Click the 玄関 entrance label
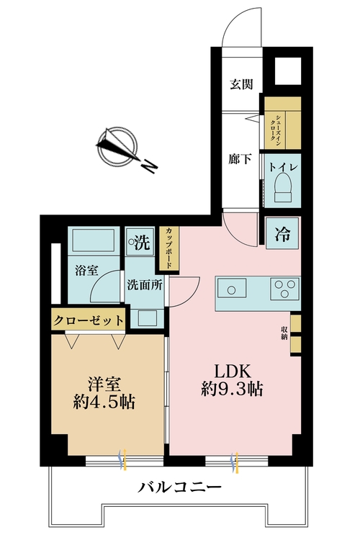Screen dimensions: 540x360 [241, 84]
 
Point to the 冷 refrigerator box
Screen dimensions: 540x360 [282, 233]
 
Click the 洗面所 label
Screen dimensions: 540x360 [145, 284]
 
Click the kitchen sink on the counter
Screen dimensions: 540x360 [231, 290]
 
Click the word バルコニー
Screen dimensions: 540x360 [179, 489]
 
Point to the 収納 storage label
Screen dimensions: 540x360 [286, 332]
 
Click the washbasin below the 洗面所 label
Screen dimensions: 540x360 [147, 317]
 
